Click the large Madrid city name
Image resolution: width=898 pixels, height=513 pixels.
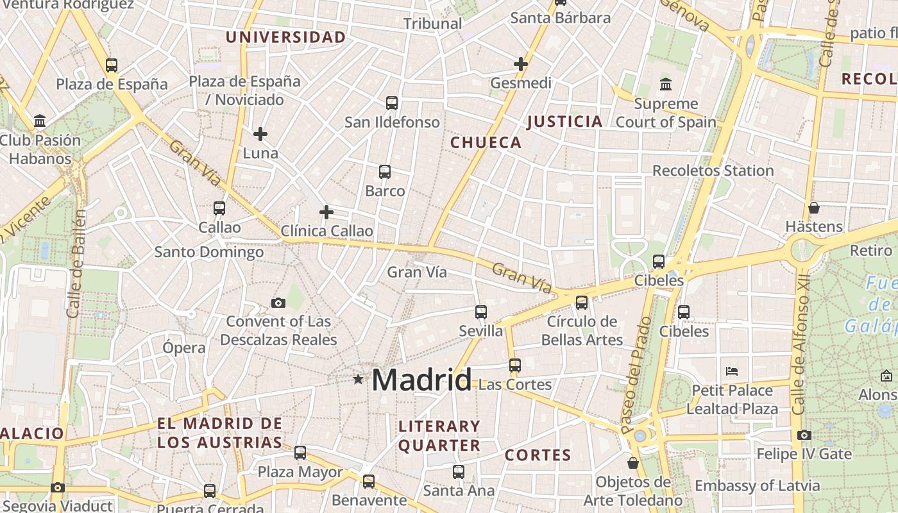[421, 380]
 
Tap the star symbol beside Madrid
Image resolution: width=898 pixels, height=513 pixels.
[358, 380]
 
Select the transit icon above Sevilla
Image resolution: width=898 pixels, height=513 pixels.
[480, 312]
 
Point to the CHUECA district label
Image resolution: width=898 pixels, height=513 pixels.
[486, 142]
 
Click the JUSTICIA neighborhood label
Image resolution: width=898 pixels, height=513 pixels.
[564, 121]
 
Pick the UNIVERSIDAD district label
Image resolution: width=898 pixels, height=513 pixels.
[285, 37]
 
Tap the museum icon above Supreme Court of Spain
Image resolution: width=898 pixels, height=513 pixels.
[666, 85]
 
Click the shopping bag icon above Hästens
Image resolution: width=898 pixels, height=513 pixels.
[813, 208]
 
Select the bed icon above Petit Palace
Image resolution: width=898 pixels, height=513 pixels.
[732, 371]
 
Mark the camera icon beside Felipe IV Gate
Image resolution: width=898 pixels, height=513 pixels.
[804, 435]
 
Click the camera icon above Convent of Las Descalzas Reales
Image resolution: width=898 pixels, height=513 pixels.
[278, 303]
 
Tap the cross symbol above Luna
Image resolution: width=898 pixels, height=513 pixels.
[260, 134]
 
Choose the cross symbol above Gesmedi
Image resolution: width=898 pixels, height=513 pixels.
[520, 64]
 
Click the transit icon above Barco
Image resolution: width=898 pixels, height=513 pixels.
[384, 172]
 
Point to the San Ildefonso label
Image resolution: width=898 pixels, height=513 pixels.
[392, 122]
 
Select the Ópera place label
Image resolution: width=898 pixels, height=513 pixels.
[184, 348]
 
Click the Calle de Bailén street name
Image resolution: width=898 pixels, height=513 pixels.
[76, 263]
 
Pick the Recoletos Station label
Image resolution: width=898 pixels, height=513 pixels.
[713, 171]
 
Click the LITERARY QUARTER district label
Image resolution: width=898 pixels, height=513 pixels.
[439, 435]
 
